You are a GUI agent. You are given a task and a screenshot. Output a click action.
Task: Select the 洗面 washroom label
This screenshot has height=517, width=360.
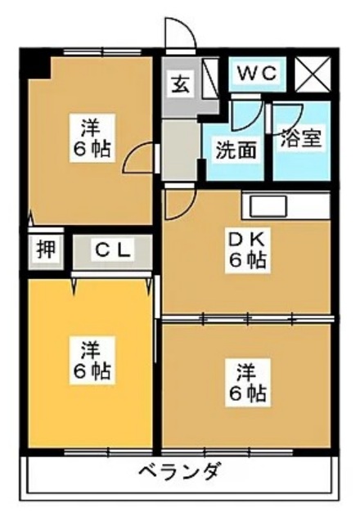pos(232,150)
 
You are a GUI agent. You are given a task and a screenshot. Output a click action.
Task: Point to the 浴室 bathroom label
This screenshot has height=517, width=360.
pos(300,138)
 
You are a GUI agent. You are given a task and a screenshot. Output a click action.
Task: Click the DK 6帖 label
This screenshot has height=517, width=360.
pos(245,250)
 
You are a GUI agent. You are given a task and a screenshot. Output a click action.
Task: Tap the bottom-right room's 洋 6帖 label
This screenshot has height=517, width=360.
pos(245,382)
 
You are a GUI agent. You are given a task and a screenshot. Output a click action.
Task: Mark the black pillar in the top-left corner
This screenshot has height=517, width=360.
pos(34,62)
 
